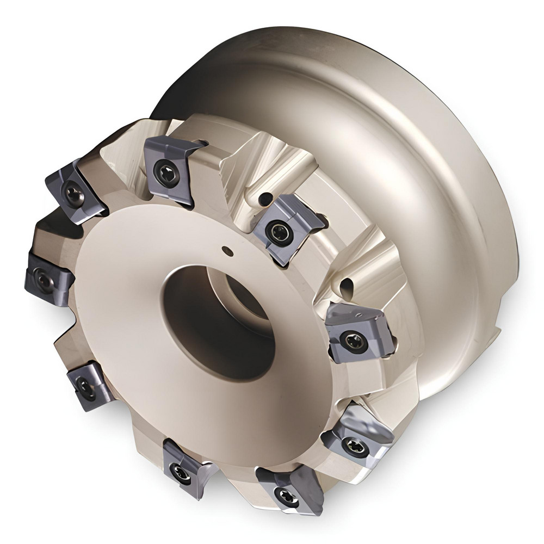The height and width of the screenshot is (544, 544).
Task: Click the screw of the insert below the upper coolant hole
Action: [x=276, y=232]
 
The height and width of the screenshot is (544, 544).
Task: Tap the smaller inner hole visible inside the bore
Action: [x=248, y=299]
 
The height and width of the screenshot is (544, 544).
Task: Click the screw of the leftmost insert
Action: [x=44, y=279]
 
